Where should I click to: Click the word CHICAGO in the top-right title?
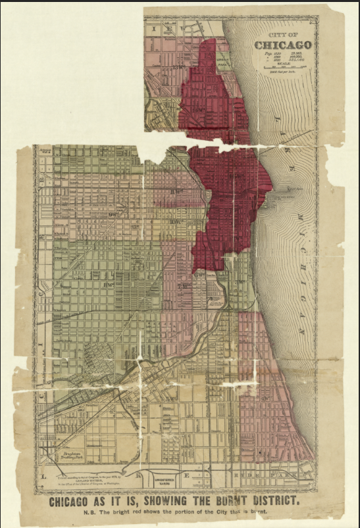284,45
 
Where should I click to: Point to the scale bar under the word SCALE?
284,67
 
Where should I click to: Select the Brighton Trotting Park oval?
68,455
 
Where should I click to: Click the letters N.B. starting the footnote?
86,512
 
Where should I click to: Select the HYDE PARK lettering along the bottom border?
263,473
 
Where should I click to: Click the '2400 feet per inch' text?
284,72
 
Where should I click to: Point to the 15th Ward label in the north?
176,66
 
